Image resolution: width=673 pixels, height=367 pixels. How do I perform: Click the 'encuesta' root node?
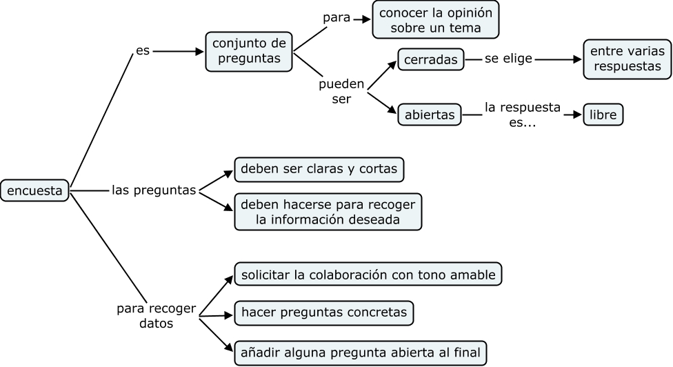coord(34,190)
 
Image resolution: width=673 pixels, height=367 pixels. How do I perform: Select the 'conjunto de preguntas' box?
coord(249,51)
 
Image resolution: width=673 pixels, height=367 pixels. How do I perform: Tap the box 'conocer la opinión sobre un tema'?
coord(435,19)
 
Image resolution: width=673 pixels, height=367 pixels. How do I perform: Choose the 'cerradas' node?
coord(431,60)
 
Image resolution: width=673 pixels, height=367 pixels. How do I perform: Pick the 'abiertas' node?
coord(430,115)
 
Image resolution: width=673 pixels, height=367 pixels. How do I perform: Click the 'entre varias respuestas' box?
coord(627,59)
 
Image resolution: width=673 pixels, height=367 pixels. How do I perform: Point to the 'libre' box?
coord(603,115)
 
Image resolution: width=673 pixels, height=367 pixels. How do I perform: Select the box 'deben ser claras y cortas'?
coord(319,170)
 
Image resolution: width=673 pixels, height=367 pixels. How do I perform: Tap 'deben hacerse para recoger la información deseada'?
coord(327,212)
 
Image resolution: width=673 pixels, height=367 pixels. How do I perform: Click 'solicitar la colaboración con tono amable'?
coord(368,275)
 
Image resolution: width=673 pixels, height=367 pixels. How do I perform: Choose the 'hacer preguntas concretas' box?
coord(324,313)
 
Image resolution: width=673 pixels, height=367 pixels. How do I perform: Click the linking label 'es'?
coord(143,51)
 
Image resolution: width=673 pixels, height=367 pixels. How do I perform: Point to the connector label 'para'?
coord(336,18)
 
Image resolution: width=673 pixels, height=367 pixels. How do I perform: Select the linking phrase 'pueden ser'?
coord(341,91)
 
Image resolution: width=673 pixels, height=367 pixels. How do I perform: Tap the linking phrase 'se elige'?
coord(508,59)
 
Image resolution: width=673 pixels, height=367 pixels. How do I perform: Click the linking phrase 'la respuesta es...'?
coord(522,115)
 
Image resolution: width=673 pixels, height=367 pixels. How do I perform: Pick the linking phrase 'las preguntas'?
coord(154,190)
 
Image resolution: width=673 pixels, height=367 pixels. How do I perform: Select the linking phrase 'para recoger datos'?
coord(156,315)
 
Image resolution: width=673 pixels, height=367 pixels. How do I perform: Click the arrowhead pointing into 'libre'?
coord(578,115)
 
